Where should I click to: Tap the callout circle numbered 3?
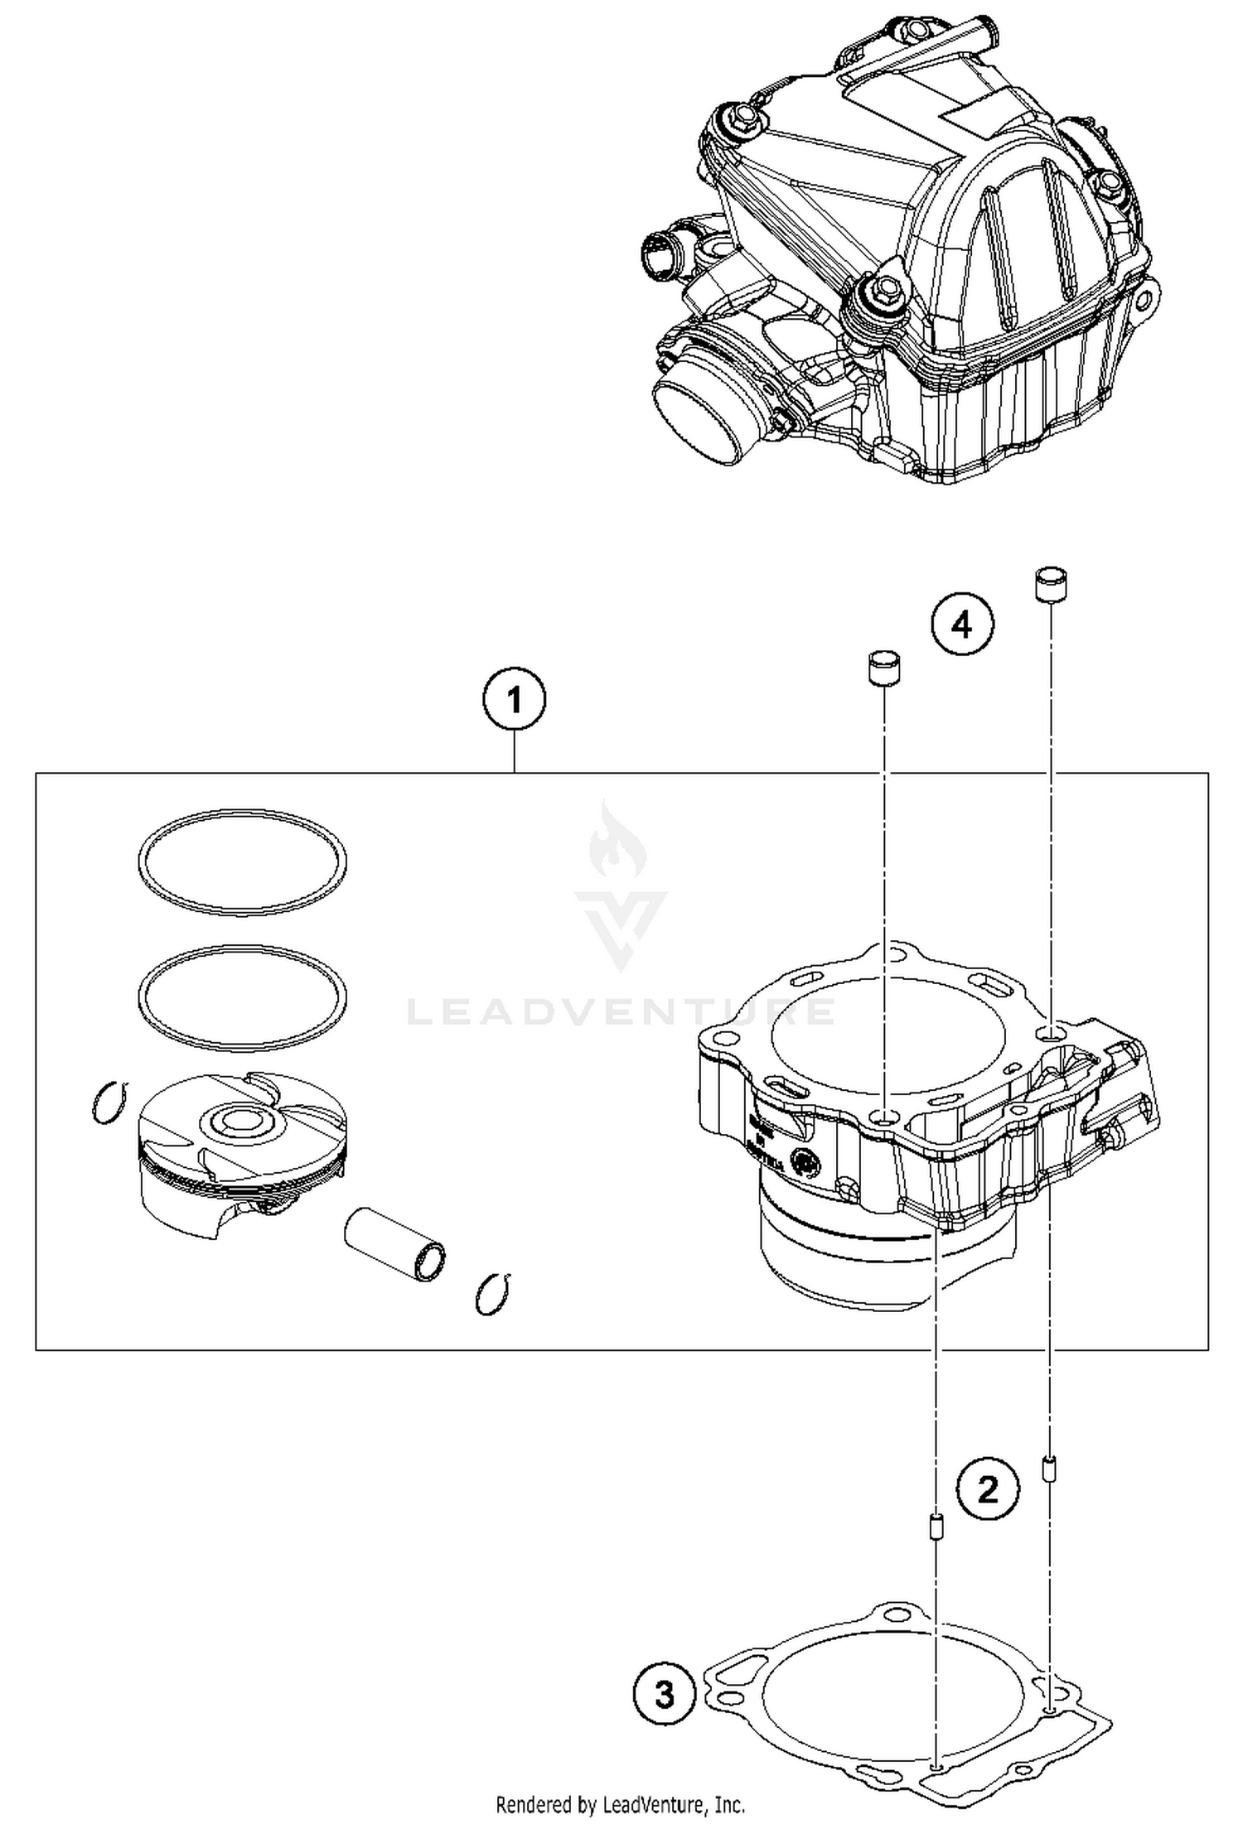point(665,1695)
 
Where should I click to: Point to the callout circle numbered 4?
point(961,625)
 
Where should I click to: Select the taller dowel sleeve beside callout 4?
point(1050,584)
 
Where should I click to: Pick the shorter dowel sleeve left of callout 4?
point(884,667)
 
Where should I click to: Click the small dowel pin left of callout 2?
point(936,1525)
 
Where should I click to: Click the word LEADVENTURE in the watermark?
point(621,1011)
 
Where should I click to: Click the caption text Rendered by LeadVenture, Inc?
point(621,1804)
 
